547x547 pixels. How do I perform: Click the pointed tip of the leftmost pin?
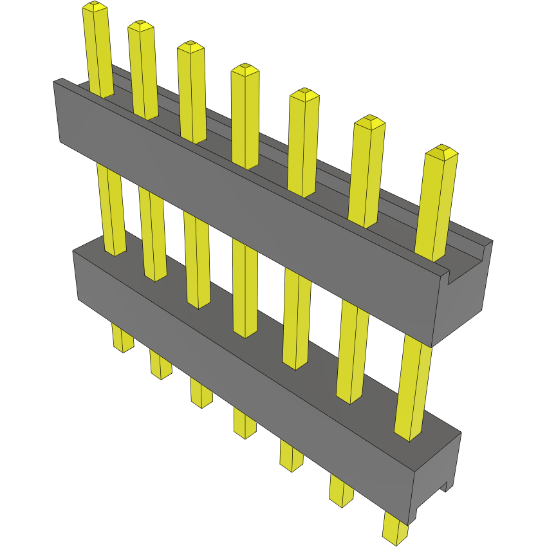[95, 7]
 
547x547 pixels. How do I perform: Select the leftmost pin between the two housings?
[111, 206]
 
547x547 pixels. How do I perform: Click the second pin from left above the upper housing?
[142, 71]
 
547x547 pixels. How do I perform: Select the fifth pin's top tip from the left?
[304, 94]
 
